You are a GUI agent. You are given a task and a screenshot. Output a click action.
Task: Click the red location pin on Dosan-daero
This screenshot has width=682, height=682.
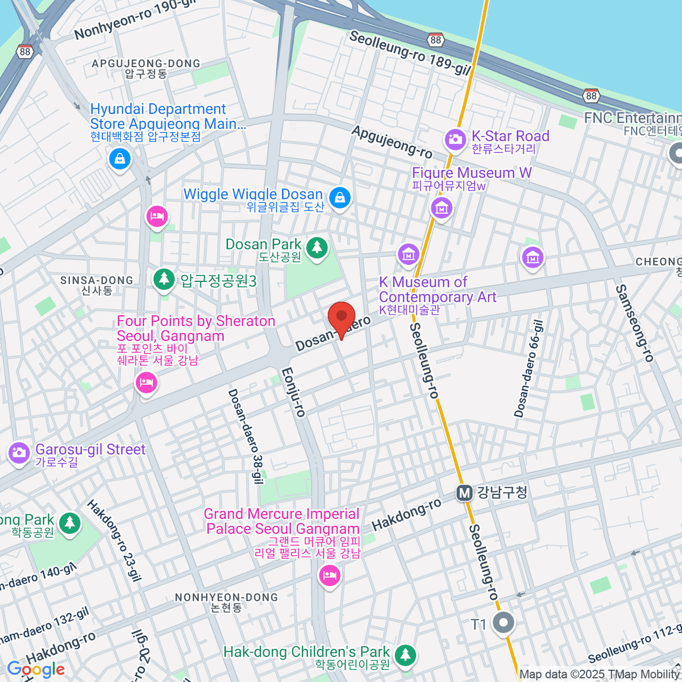tap(342, 319)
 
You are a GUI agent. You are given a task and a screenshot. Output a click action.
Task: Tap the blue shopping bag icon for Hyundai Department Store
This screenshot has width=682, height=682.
tap(120, 159)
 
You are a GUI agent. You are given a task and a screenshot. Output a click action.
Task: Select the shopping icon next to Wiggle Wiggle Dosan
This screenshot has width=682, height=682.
tap(339, 198)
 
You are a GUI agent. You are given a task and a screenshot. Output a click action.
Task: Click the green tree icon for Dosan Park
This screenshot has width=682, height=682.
tap(317, 247)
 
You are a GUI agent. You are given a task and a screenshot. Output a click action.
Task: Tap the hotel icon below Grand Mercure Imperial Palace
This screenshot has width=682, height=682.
tap(330, 576)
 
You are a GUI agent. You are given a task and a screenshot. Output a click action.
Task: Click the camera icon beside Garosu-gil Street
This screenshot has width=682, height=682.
tap(19, 452)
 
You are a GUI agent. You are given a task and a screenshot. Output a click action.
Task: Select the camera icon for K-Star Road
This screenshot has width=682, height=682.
tap(455, 139)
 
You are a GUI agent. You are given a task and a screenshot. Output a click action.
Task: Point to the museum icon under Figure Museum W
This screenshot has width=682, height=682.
tap(441, 208)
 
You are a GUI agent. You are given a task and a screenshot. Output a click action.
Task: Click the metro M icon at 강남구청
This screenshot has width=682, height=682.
tap(465, 493)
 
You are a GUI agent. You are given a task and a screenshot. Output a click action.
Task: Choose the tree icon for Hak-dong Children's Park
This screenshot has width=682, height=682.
tap(405, 654)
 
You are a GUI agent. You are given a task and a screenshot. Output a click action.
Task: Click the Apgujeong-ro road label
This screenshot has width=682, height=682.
tap(392, 142)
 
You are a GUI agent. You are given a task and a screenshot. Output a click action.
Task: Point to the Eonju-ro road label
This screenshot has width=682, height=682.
tap(293, 392)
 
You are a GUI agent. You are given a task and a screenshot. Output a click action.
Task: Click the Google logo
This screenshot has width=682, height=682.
tap(36, 669)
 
